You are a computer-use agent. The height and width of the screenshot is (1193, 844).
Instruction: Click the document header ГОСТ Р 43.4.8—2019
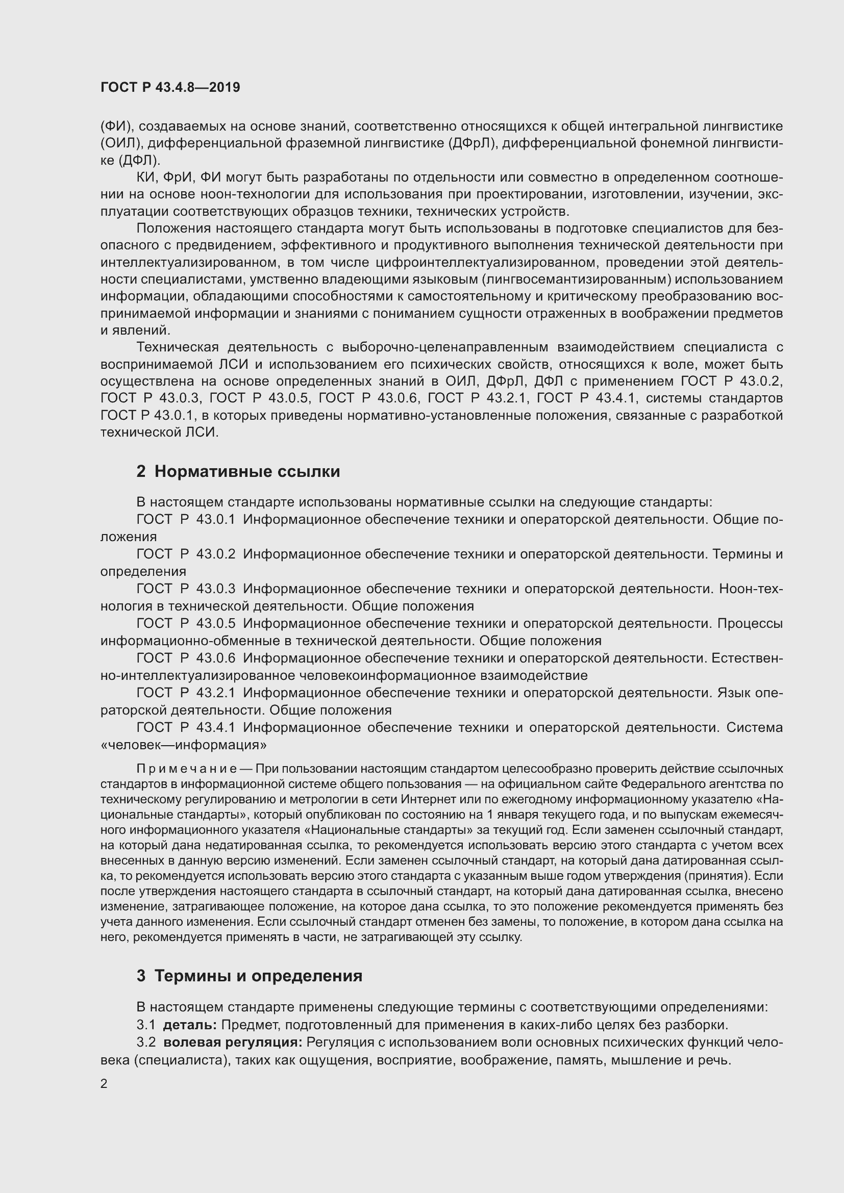click(x=170, y=87)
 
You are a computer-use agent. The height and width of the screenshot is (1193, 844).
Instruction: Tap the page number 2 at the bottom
click(x=104, y=1084)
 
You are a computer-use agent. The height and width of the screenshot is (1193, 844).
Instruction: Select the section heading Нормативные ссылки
click(x=247, y=471)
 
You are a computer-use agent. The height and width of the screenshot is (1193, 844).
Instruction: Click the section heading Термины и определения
click(x=258, y=976)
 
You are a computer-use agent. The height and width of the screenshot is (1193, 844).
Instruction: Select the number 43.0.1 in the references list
click(x=216, y=519)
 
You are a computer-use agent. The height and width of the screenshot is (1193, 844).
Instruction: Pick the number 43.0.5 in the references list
click(x=216, y=623)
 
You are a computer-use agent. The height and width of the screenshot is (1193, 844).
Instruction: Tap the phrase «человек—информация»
click(x=184, y=745)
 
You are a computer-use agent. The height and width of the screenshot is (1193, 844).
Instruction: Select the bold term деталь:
click(x=190, y=1025)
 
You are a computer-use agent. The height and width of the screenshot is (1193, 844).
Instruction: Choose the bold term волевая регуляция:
click(x=232, y=1043)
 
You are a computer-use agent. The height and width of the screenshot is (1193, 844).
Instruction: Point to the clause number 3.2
click(x=146, y=1043)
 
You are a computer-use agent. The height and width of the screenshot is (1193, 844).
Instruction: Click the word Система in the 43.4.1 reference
click(x=754, y=727)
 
